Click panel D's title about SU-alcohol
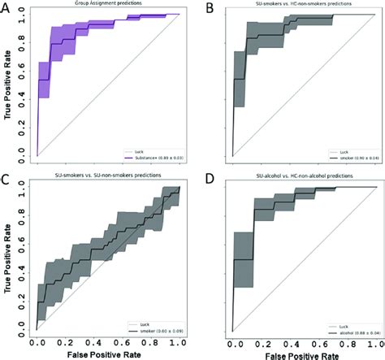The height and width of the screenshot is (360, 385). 305,179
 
